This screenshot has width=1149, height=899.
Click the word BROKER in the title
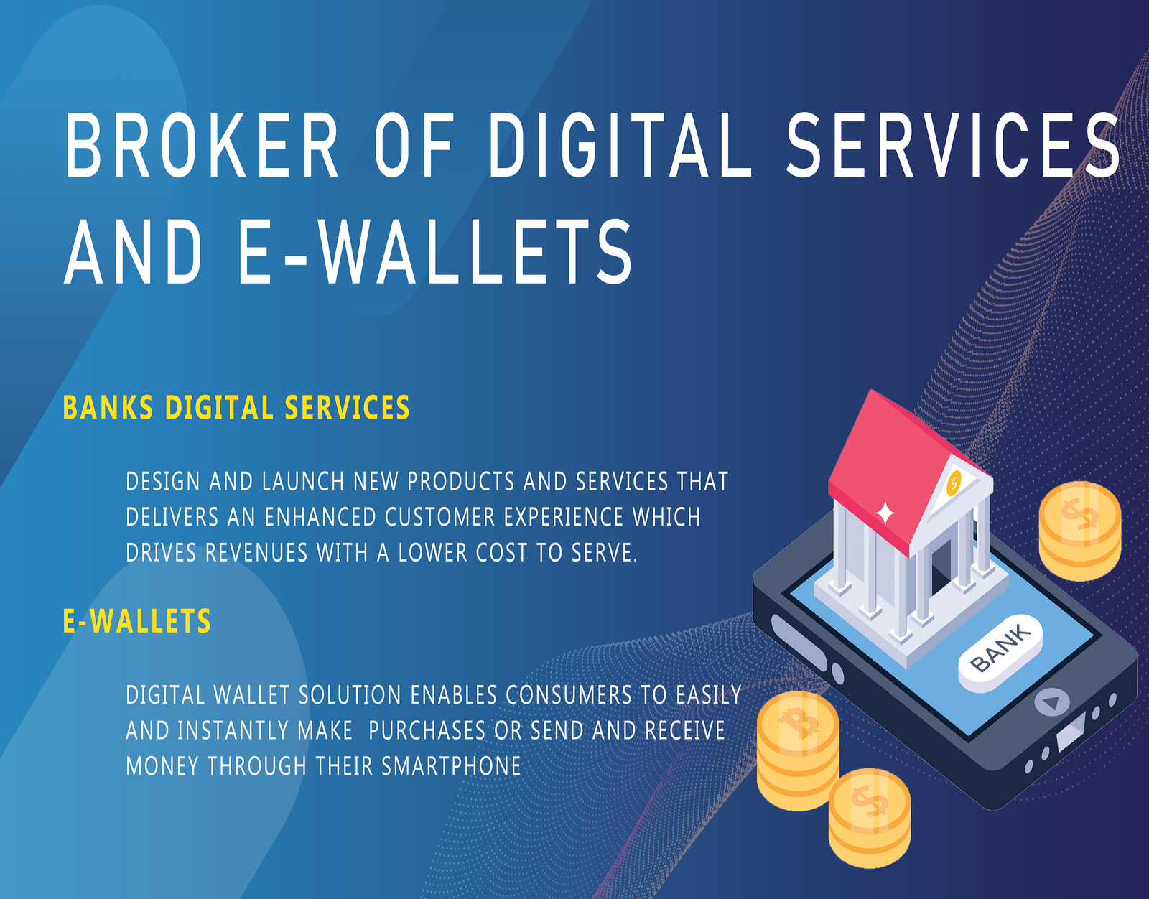tap(202, 146)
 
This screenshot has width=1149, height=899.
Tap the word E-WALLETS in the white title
tap(435, 253)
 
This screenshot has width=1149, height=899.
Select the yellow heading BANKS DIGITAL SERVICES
tap(236, 407)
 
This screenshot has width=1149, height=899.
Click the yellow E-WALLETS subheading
tap(137, 621)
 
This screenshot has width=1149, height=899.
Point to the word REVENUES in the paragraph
tap(256, 553)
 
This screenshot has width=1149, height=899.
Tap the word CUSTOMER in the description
tap(440, 517)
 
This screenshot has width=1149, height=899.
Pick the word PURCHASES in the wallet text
tap(427, 730)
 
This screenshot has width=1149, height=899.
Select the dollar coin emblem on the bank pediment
tap(954, 483)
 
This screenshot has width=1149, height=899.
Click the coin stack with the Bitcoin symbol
tap(798, 750)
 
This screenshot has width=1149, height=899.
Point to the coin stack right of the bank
tap(1080, 531)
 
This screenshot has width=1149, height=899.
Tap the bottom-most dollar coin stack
tap(869, 818)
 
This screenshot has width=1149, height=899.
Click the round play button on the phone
tap(1052, 702)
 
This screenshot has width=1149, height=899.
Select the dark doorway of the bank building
tap(942, 568)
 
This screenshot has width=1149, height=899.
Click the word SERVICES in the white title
tap(954, 146)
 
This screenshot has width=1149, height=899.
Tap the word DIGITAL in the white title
tap(620, 146)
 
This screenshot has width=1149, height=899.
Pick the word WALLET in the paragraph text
tap(251, 694)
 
